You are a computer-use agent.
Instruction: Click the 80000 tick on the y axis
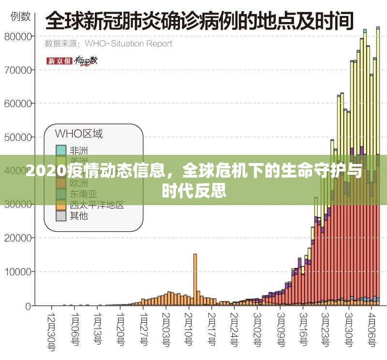pos(19,36)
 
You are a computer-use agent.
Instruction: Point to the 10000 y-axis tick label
pos(19,272)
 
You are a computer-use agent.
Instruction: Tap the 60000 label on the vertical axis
pos(19,104)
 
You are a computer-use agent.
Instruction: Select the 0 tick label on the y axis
pos(29,306)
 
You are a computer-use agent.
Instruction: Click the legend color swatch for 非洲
pos(61,150)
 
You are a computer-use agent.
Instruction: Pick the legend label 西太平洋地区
pos(97,205)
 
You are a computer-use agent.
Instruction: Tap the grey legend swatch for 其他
pos(61,216)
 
